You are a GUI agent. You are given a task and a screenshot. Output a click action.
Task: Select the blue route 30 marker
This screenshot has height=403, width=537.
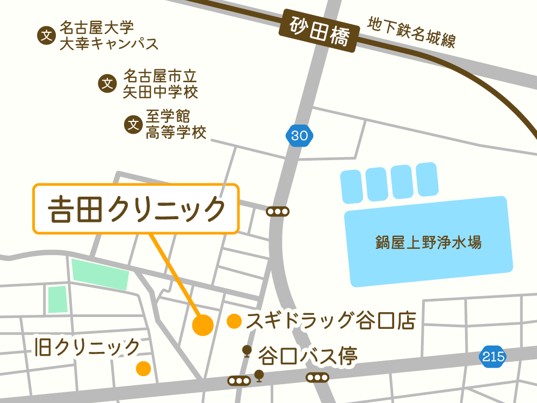299,135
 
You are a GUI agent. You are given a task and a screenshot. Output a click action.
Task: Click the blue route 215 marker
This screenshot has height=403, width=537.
493,356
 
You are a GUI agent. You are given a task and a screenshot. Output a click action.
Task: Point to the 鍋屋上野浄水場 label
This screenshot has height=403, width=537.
428,242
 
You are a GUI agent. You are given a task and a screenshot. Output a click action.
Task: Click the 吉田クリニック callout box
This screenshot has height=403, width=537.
136,209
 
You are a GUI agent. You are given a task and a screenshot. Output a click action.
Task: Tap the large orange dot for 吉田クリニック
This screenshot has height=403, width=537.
203,325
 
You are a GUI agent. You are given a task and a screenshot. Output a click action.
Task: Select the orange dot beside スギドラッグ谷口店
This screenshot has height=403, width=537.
234,321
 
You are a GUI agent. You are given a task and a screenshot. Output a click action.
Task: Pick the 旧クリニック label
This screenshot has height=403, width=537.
86,348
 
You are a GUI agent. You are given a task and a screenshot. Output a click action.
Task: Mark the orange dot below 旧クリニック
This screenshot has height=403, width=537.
143,368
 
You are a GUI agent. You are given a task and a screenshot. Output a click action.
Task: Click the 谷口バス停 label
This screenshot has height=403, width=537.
308,355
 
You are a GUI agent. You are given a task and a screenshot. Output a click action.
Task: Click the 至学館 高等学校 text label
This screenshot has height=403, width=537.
176,125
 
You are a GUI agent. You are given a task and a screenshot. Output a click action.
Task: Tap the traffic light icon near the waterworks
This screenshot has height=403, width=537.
278,212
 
